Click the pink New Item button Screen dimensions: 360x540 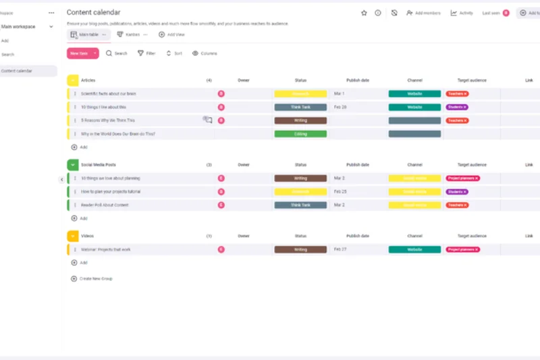79,53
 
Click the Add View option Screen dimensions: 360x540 171,34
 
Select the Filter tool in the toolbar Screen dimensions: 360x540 146,53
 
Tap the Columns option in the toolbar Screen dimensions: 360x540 205,53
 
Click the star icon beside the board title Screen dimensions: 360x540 364,13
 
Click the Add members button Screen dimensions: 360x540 423,13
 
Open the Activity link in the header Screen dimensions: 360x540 462,13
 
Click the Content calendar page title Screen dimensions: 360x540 94,12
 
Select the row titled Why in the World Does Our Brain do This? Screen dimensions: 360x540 118,134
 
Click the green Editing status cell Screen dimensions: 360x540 300,134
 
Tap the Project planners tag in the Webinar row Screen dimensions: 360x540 462,249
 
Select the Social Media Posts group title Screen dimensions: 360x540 99,165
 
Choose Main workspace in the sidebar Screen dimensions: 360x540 19,27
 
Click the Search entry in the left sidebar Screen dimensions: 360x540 8,55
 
